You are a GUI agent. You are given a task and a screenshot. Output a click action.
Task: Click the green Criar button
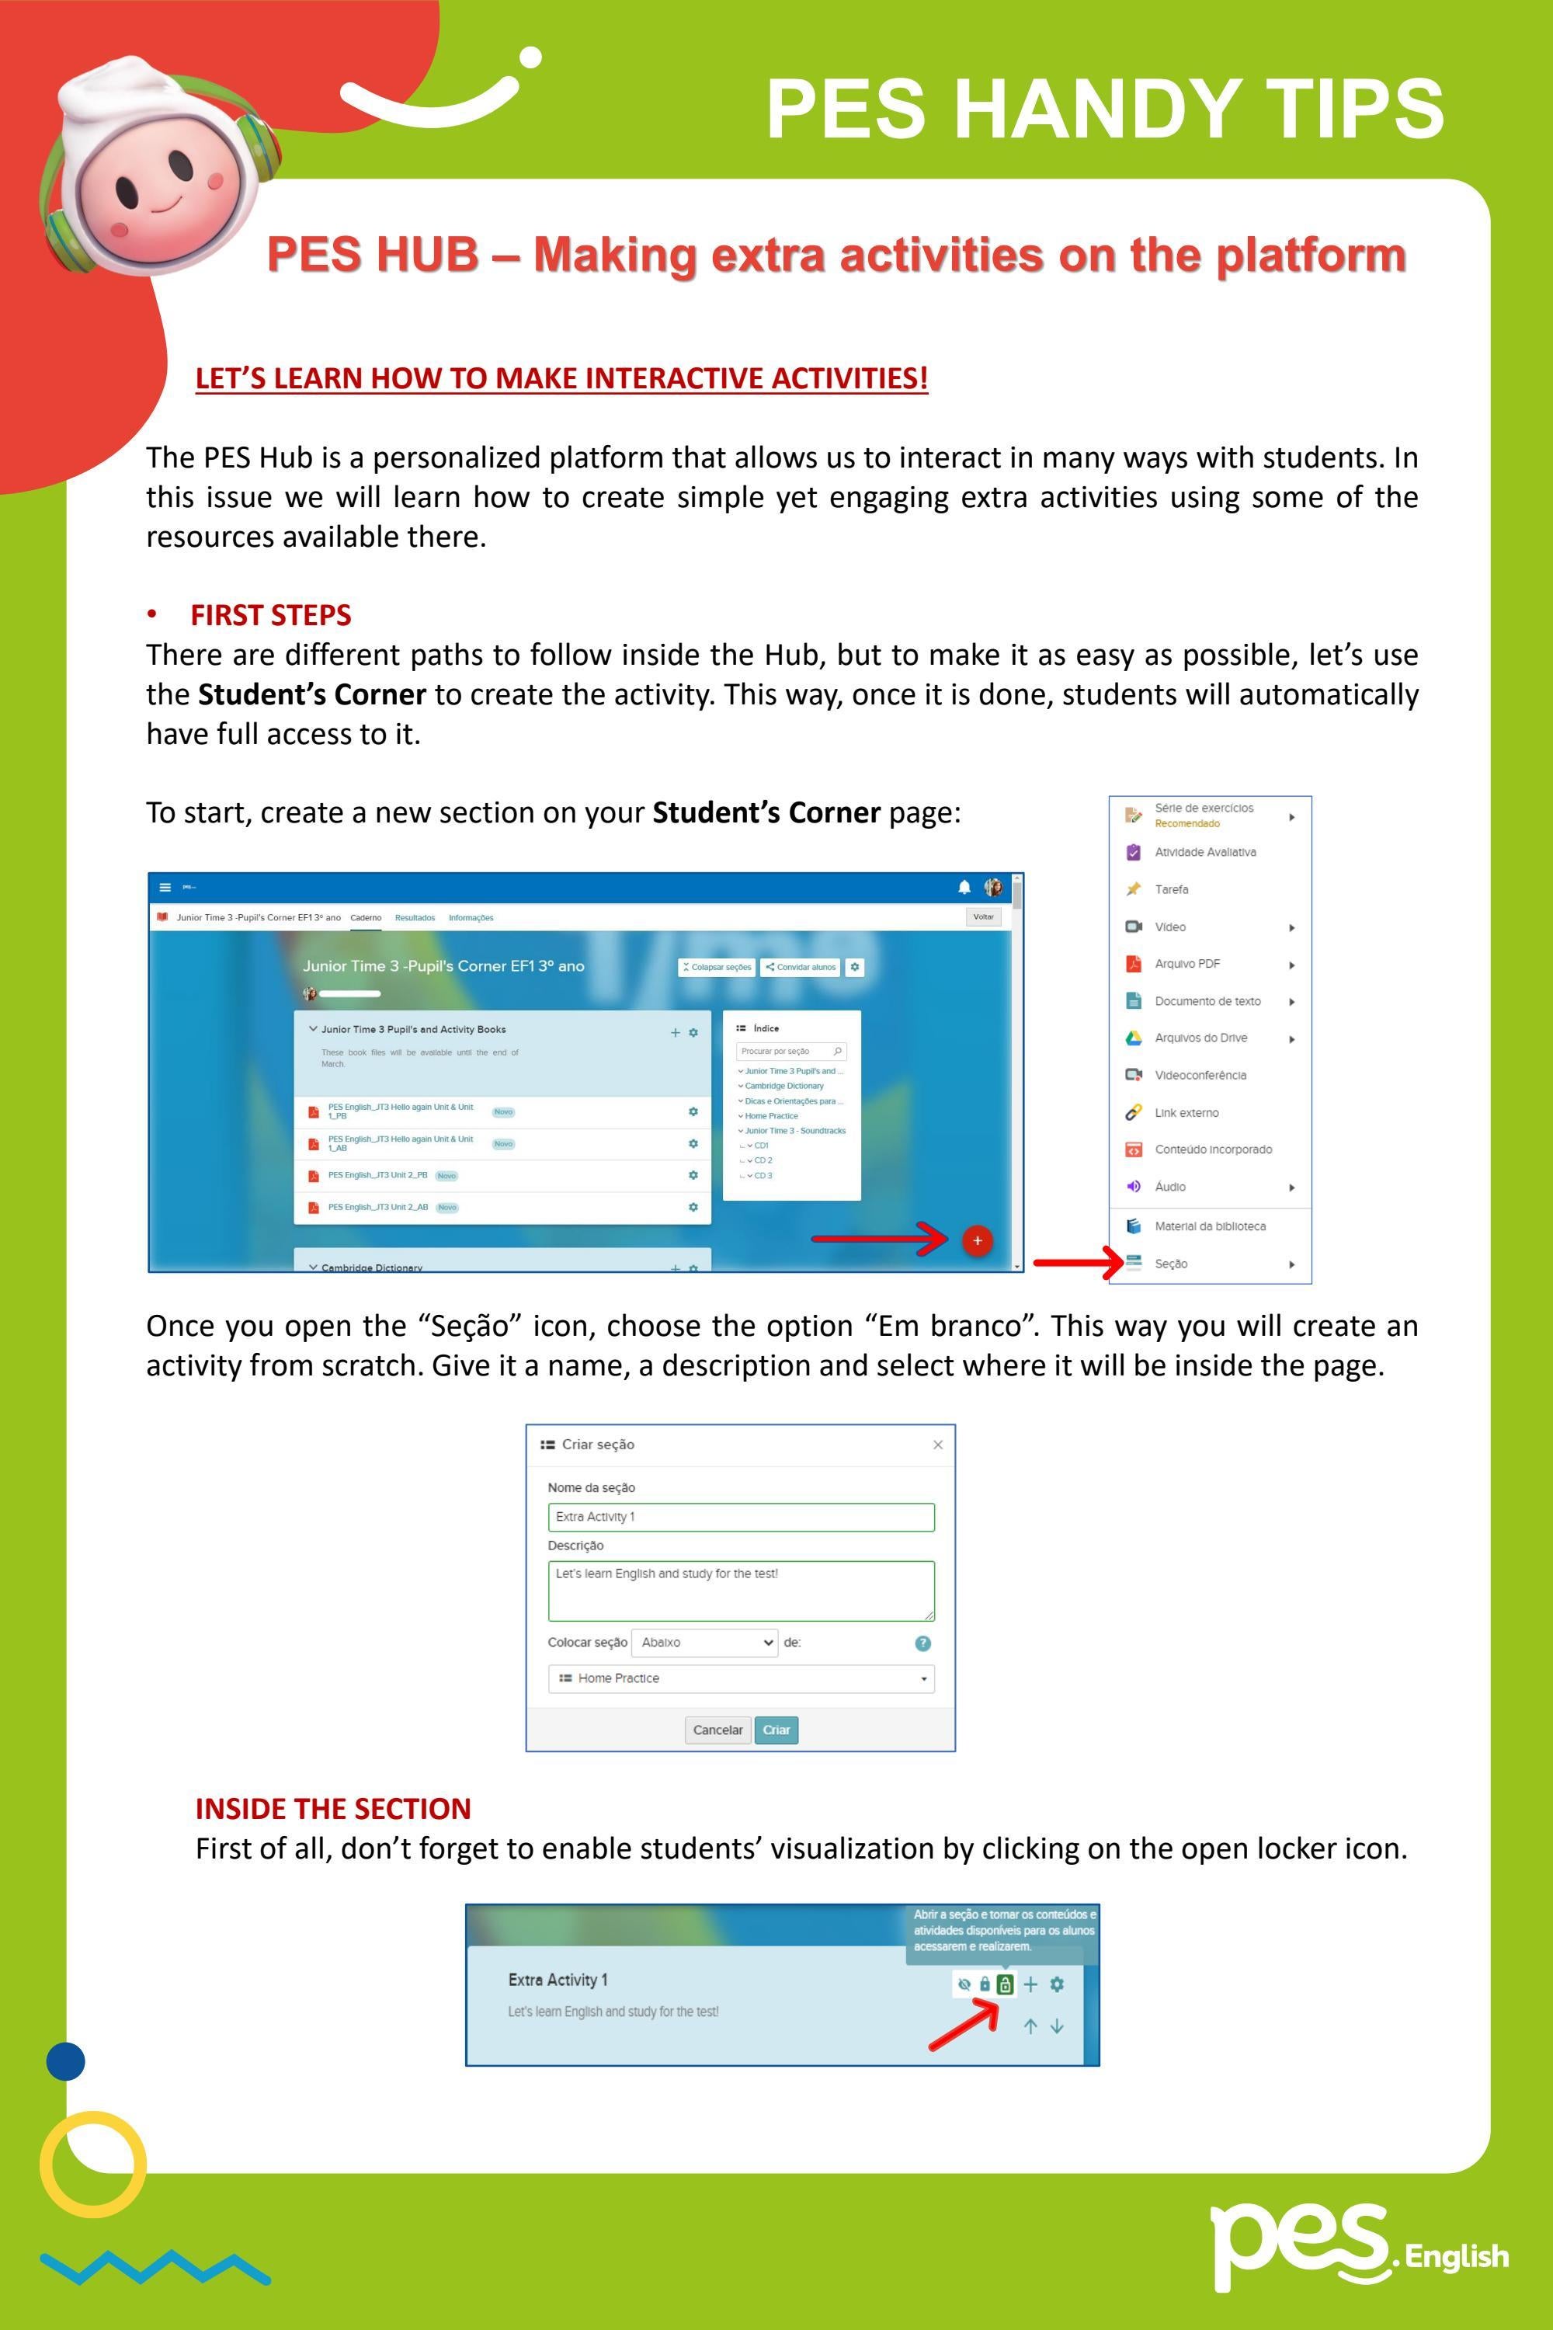776,1730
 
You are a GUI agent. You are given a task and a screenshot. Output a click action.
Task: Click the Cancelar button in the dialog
717,1730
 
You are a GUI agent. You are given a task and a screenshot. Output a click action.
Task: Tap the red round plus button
977,1240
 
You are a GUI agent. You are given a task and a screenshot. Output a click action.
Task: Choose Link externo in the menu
1186,1112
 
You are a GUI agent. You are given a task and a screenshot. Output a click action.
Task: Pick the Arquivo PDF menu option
1186,964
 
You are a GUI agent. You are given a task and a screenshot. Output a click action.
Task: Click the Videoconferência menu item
1200,1075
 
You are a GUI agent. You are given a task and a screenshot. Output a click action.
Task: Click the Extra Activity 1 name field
741,1517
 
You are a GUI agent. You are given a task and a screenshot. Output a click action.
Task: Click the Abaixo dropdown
704,1643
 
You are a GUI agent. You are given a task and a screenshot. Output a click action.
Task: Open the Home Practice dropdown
741,1678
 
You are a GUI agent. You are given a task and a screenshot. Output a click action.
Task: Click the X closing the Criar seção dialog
937,1445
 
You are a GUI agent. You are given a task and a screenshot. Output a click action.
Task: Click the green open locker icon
1004,1984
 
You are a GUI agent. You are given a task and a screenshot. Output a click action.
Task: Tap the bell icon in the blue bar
964,887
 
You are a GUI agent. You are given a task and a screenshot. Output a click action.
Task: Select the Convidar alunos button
801,967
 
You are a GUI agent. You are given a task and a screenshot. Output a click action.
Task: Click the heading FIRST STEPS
270,615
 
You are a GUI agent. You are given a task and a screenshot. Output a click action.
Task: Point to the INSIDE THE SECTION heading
333,1809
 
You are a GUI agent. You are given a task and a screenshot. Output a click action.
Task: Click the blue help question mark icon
922,1643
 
